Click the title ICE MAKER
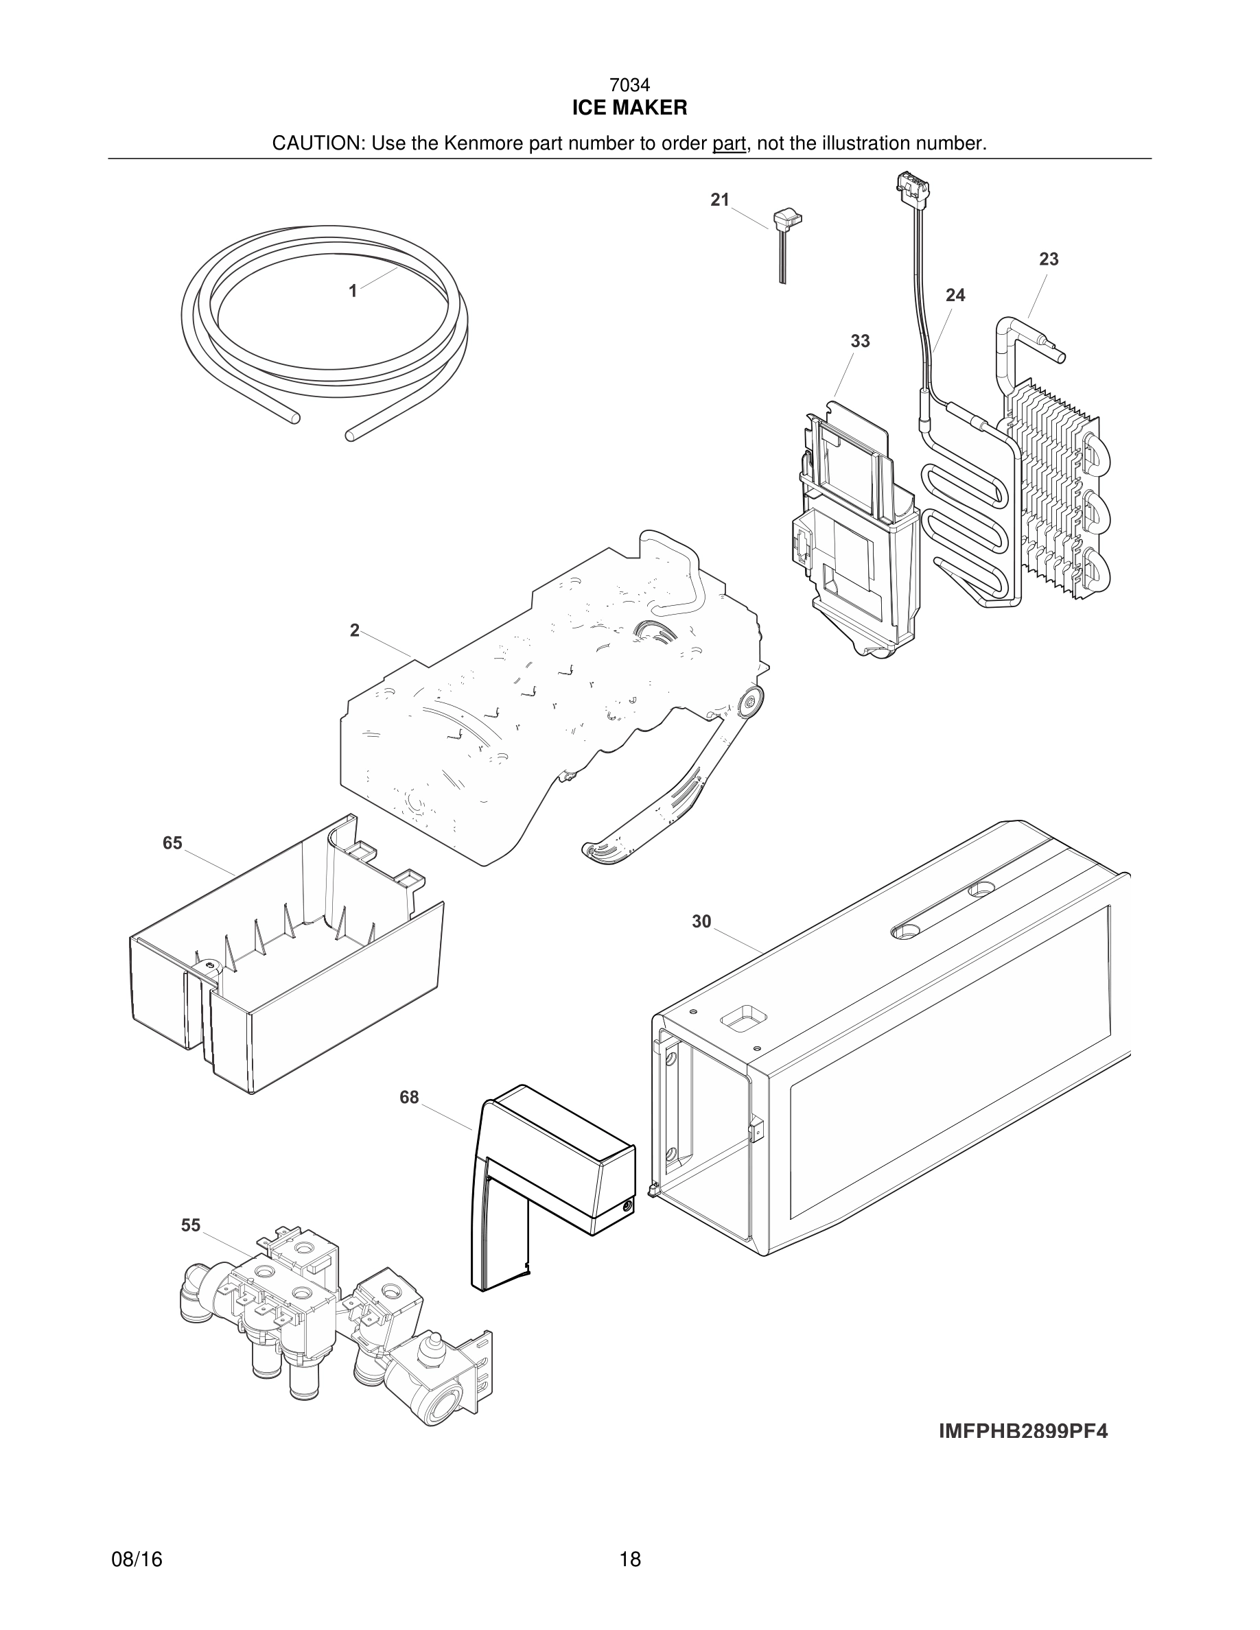[629, 108]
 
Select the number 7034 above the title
[629, 86]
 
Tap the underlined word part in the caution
[729, 143]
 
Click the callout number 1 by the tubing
[353, 291]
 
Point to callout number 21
[720, 200]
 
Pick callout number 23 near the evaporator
[1048, 260]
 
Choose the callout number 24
[955, 296]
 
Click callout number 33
[860, 341]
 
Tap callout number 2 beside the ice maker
[355, 630]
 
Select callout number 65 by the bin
[172, 842]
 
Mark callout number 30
[701, 922]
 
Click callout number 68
[409, 1097]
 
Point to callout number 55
[190, 1225]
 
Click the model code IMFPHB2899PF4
[1023, 1431]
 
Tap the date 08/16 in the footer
[137, 1559]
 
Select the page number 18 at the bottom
[629, 1559]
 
